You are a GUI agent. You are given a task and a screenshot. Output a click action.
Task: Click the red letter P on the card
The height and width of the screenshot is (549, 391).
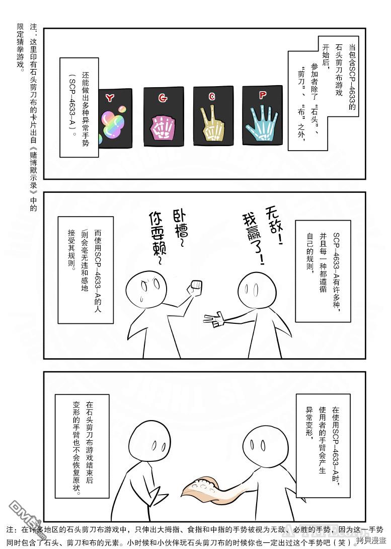pyautogui.click(x=263, y=95)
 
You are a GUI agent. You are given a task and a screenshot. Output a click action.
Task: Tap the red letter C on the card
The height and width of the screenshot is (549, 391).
pyautogui.click(x=212, y=97)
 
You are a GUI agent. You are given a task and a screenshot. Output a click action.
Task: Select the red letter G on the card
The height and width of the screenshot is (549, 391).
pyautogui.click(x=163, y=98)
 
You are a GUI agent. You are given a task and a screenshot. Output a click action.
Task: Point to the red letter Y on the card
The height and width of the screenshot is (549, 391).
pyautogui.click(x=110, y=98)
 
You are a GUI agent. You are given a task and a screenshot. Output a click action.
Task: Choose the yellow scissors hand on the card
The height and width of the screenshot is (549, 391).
pyautogui.click(x=211, y=124)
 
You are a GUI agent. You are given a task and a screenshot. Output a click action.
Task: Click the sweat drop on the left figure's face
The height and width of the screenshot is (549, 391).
pyautogui.click(x=142, y=298)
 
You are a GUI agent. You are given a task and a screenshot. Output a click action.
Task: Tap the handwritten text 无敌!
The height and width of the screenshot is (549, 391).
pyautogui.click(x=273, y=225)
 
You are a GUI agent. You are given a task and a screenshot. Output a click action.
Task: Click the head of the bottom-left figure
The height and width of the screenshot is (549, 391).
pyautogui.click(x=148, y=442)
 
